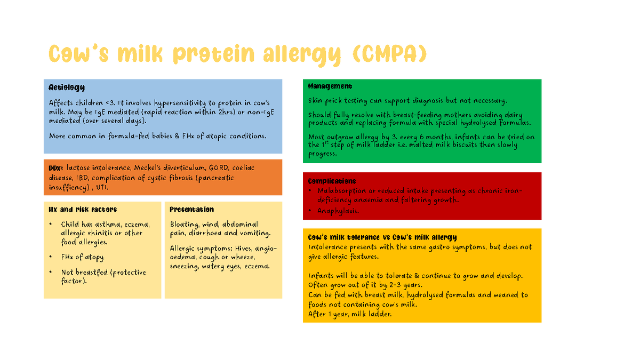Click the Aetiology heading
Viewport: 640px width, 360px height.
click(66, 87)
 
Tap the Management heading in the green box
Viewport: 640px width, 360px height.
click(330, 86)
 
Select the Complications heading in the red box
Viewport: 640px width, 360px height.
click(332, 181)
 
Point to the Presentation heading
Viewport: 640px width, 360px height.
click(191, 210)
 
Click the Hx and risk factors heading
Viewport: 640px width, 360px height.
click(82, 210)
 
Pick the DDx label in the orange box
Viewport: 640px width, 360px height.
click(56, 168)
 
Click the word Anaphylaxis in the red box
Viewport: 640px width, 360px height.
click(338, 211)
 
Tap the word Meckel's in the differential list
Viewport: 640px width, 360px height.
click(150, 168)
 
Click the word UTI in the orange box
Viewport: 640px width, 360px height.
click(100, 187)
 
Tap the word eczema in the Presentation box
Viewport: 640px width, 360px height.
click(257, 266)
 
